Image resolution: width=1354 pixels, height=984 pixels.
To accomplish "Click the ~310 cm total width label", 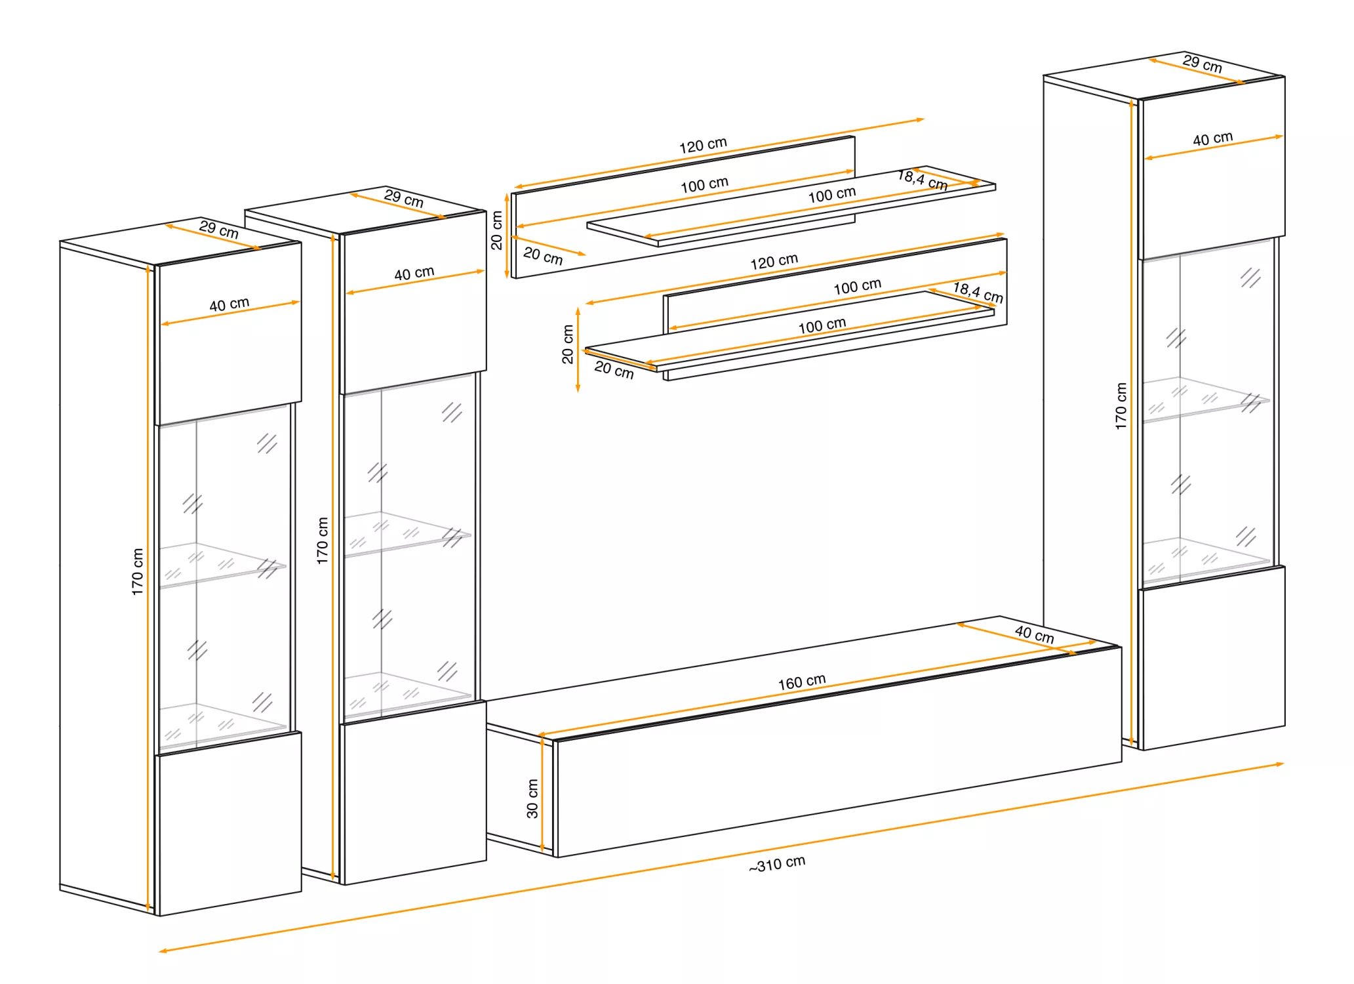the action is click(x=777, y=864).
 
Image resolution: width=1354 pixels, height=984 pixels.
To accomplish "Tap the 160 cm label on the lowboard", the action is click(x=802, y=682).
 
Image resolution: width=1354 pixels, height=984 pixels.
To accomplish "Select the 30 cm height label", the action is click(x=532, y=798).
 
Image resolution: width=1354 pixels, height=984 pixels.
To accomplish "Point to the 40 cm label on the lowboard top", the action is click(x=1035, y=634).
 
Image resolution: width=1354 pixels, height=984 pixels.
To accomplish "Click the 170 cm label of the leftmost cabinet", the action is click(x=137, y=571).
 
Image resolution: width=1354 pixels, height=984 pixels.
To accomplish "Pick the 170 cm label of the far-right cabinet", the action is click(x=1121, y=406).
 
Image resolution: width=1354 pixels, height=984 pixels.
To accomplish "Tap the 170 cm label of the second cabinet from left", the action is click(x=322, y=541).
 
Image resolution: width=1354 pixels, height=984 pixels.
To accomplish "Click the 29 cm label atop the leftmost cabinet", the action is click(x=219, y=230).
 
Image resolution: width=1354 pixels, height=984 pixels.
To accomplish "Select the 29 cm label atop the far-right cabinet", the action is click(x=1203, y=64).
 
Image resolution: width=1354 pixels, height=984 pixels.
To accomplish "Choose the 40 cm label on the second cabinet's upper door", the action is click(x=414, y=273).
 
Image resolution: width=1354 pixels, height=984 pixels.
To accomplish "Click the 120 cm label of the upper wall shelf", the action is click(x=703, y=145).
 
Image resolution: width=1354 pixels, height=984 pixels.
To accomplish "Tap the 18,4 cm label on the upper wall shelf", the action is click(x=923, y=180).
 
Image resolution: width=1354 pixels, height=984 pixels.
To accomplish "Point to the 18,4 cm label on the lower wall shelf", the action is click(x=978, y=292).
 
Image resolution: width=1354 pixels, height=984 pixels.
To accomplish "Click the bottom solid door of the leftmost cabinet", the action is click(x=229, y=823).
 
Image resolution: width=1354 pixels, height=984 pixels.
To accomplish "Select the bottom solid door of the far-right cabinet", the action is click(x=1212, y=657).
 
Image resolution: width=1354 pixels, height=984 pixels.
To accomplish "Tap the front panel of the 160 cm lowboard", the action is click(x=838, y=752).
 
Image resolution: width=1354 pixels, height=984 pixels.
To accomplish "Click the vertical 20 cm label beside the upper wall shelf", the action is click(x=496, y=230).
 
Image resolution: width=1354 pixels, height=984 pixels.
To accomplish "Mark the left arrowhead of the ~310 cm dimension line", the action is click(x=163, y=951).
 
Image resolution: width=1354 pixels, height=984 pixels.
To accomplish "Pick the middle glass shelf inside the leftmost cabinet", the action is click(x=222, y=565).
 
